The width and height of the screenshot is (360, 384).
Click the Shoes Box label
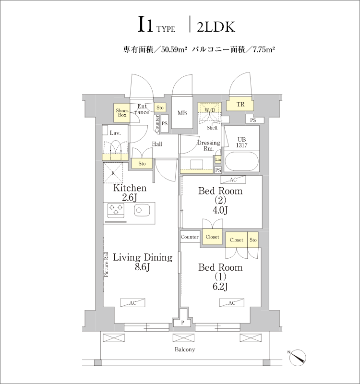coord(122,113)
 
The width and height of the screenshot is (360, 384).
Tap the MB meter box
coord(182,112)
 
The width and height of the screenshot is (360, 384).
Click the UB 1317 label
coord(241,142)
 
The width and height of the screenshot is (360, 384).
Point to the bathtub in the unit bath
coord(241,161)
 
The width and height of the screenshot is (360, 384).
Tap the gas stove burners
coord(116,210)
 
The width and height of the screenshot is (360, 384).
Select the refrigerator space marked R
coord(113,173)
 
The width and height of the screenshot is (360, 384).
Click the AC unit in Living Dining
coord(132,303)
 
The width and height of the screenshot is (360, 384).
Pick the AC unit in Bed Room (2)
coord(233,180)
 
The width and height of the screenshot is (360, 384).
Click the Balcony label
coord(185,349)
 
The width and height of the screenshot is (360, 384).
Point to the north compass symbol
coord(298,357)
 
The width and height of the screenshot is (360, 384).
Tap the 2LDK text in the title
coord(216,27)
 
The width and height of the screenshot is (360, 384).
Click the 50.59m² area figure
coord(174,50)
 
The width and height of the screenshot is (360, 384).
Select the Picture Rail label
coord(106,264)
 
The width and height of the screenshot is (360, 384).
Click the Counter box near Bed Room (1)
coord(190,237)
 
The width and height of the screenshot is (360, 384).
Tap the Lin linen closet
coord(218,159)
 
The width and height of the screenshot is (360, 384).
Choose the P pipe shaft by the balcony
coord(182,322)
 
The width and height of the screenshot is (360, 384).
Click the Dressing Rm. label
coord(209,145)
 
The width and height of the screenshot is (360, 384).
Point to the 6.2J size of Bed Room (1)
coord(220,286)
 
